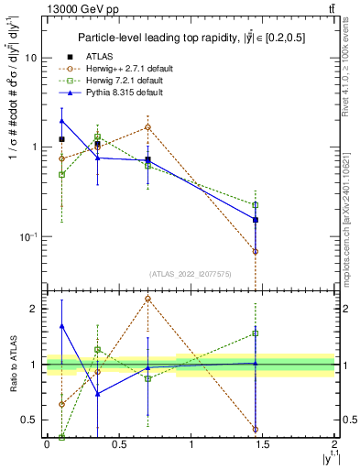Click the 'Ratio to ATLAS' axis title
click(x=12, y=365)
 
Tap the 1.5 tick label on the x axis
click(x=263, y=444)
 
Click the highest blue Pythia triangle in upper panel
click(x=61, y=120)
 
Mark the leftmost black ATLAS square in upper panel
click(x=61, y=139)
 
